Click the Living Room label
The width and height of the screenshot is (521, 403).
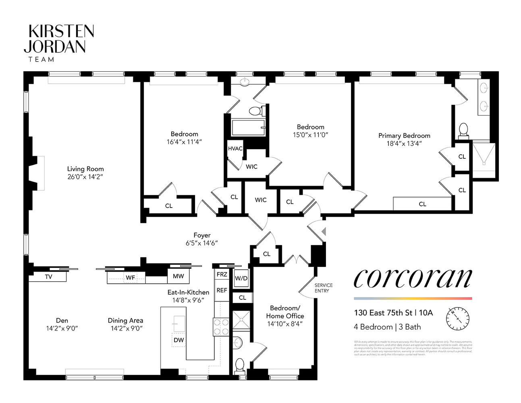tap(85, 169)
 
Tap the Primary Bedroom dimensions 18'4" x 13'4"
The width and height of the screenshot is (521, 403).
tap(404, 143)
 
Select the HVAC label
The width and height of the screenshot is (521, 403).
tap(235, 148)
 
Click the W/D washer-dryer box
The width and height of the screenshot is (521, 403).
tap(241, 278)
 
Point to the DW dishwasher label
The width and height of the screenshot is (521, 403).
tap(179, 340)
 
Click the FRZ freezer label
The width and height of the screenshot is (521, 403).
tap(222, 274)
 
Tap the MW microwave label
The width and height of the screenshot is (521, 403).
tap(178, 276)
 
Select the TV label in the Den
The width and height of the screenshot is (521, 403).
tap(48, 277)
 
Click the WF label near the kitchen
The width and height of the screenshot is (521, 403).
tap(130, 278)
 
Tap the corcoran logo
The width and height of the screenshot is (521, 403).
tap(412, 278)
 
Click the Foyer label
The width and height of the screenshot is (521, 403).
tap(202, 235)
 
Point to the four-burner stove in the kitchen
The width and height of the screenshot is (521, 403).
tap(221, 327)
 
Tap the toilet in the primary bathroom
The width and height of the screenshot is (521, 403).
tap(463, 130)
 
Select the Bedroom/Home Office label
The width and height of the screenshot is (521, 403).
tap(285, 312)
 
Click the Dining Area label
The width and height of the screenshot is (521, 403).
tap(125, 320)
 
